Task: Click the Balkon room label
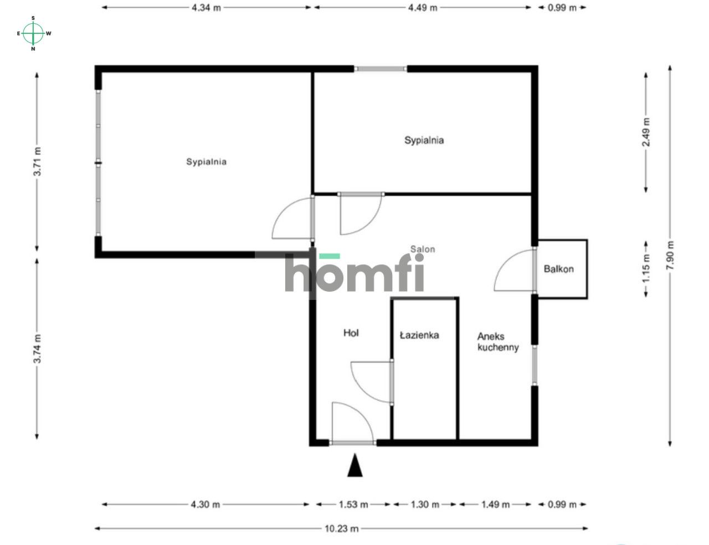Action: [x=558, y=269]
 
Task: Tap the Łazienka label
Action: [x=419, y=335]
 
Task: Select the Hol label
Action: [x=351, y=333]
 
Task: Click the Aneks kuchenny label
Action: [x=498, y=342]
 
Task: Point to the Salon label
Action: [x=423, y=249]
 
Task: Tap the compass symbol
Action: [x=34, y=33]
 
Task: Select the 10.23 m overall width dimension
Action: [x=341, y=528]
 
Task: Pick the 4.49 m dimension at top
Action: [x=423, y=8]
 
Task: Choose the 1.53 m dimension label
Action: [x=353, y=505]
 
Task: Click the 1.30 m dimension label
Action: [x=425, y=505]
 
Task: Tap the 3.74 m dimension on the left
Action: [x=37, y=348]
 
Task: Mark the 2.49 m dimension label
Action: [x=646, y=132]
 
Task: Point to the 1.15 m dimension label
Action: [x=646, y=268]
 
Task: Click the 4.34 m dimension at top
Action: [x=206, y=8]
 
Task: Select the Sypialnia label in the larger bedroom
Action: [x=206, y=162]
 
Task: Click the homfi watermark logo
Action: [x=354, y=273]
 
